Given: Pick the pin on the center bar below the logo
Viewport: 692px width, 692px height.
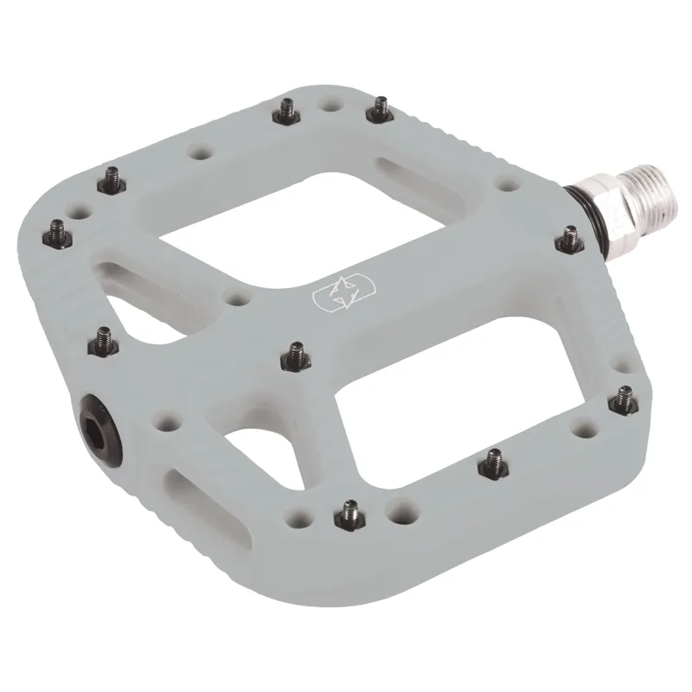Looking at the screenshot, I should pos(294,352).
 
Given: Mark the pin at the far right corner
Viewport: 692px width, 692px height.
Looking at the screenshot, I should pos(624,397).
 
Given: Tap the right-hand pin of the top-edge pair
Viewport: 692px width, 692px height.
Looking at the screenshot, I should pos(379,108).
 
